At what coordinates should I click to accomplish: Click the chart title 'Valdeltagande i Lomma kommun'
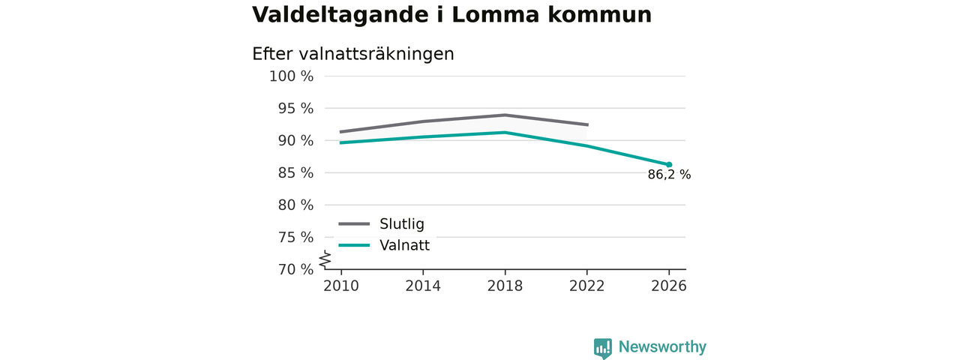(x=451, y=15)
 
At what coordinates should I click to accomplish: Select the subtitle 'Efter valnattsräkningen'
(x=352, y=55)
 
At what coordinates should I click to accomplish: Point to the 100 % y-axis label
(x=292, y=76)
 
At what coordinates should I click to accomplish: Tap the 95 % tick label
(x=295, y=109)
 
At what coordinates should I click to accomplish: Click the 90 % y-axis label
(x=295, y=140)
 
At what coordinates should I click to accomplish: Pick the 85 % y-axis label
(x=295, y=172)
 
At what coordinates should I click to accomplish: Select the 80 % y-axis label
(x=295, y=205)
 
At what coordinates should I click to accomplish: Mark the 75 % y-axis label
(x=295, y=237)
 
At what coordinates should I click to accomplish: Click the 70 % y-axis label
(x=295, y=269)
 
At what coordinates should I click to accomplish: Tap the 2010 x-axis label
(x=341, y=286)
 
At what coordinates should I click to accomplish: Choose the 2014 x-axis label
(x=423, y=286)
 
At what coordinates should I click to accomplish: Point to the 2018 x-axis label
(x=505, y=286)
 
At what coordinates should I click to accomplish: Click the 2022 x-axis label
(x=586, y=286)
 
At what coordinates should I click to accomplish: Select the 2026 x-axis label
(x=668, y=286)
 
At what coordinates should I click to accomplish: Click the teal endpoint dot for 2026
(x=669, y=164)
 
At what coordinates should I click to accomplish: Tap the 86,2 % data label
(x=669, y=175)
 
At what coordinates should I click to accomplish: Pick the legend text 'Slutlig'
(x=402, y=224)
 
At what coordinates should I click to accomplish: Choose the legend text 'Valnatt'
(x=404, y=245)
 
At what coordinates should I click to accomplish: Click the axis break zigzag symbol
(x=325, y=259)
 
